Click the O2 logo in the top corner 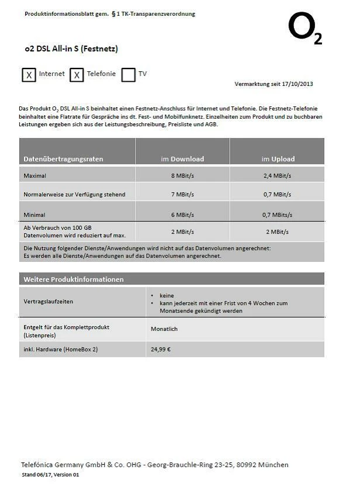pos(304,29)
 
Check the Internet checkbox pos(29,75)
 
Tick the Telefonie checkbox pos(77,75)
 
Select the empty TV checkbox pos(129,75)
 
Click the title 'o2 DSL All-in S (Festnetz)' pos(71,49)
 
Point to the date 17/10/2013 pos(297,84)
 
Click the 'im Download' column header pos(182,159)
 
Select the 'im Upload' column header pos(278,159)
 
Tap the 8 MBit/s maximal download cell pos(182,175)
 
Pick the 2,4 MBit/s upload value pos(277,175)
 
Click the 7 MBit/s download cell pos(182,195)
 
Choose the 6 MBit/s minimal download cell pos(182,215)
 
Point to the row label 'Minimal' pos(34,215)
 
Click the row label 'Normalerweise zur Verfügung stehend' pos(74,195)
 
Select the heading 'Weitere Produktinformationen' pos(74,279)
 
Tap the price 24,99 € pos(161,350)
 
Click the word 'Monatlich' pos(164,329)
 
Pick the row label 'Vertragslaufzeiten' pos(49,302)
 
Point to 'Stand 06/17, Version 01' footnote pos(50,475)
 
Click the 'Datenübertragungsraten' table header pos(63,159)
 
